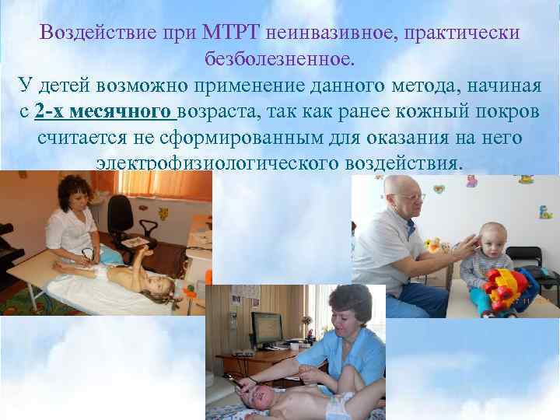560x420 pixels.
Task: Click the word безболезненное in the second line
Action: [279, 59]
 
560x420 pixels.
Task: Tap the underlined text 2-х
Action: [51, 111]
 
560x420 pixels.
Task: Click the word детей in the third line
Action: [67, 85]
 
